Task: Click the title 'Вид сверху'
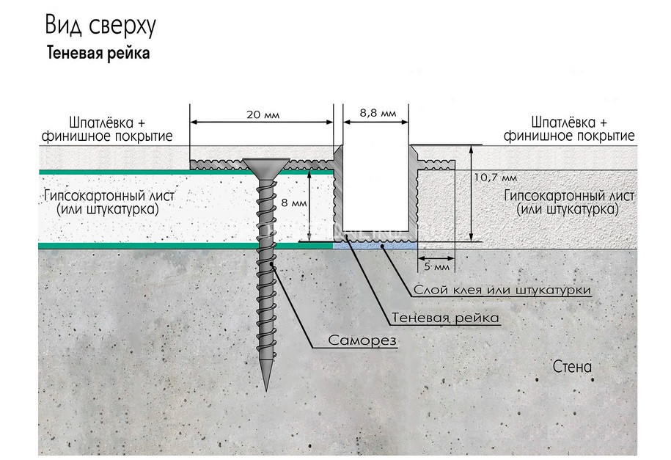click(100, 27)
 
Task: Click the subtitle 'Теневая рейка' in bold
click(98, 54)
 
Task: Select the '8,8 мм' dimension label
click(378, 114)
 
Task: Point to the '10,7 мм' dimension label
click(496, 178)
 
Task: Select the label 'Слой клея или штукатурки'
click(502, 291)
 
